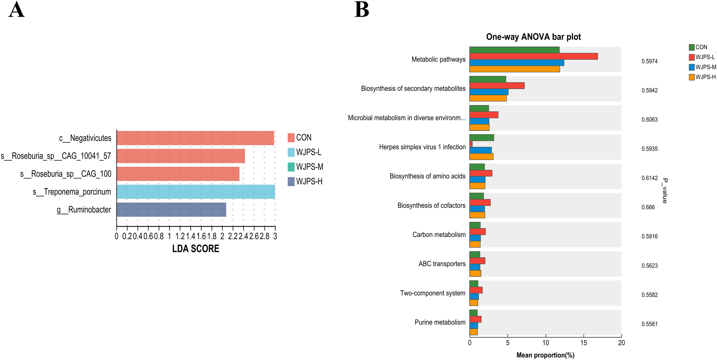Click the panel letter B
pyautogui.click(x=362, y=10)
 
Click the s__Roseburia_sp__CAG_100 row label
pyautogui.click(x=66, y=174)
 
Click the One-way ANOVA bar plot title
pyautogui.click(x=533, y=37)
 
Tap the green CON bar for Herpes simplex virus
pyautogui.click(x=482, y=138)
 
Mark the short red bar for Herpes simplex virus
pyautogui.click(x=471, y=144)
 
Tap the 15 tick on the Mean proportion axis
pyautogui.click(x=583, y=343)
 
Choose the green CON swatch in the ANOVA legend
pyautogui.click(x=692, y=47)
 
